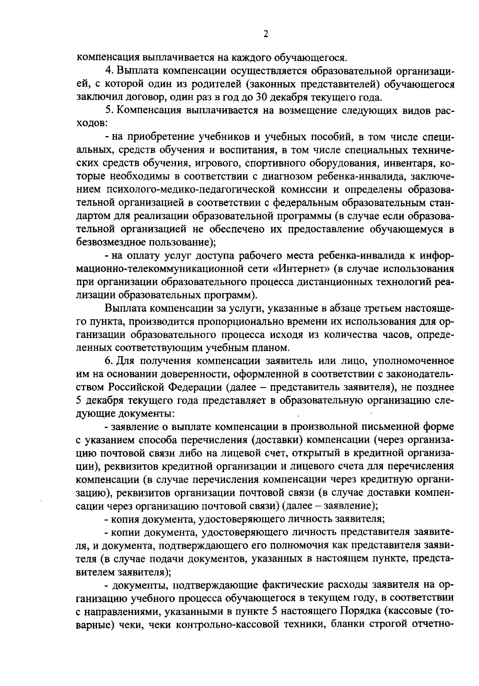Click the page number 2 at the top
(266, 34)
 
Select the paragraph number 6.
(108, 361)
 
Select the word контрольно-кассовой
(218, 637)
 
